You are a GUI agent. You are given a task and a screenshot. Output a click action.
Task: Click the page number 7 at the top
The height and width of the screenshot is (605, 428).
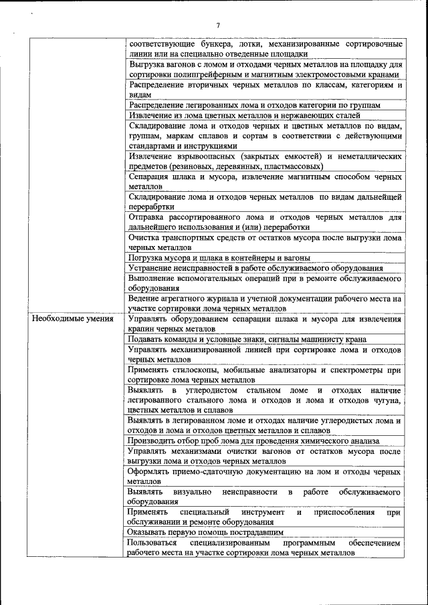pyautogui.click(x=218, y=25)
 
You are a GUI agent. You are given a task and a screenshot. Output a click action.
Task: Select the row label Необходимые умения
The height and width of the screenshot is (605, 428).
pyautogui.click(x=72, y=319)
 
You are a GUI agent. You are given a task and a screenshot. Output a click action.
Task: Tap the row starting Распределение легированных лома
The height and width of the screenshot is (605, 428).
pyautogui.click(x=254, y=105)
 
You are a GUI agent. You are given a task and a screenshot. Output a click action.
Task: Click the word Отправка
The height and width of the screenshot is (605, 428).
pyautogui.click(x=147, y=217)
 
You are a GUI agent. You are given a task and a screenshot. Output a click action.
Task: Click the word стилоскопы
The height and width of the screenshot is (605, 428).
pyautogui.click(x=199, y=370)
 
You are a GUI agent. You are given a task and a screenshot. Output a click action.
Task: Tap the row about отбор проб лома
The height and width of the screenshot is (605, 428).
pyautogui.click(x=253, y=441)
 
